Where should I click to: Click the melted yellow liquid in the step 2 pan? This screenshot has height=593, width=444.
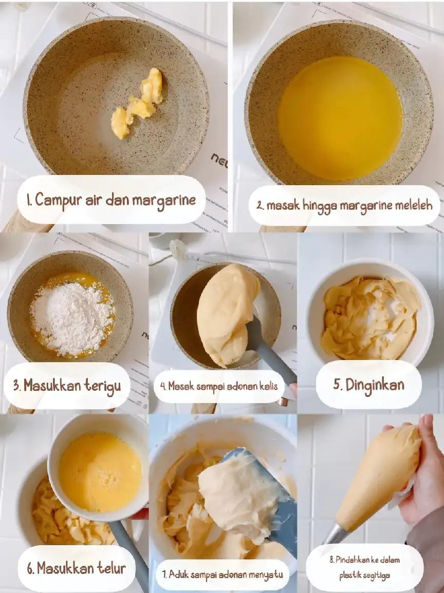click(x=340, y=118)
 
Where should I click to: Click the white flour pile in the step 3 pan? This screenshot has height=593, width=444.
click(x=72, y=318)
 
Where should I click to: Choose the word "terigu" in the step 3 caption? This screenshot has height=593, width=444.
click(x=103, y=386)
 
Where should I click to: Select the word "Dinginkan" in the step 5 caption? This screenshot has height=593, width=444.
click(x=375, y=385)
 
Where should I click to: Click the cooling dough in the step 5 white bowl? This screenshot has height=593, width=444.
click(x=371, y=318)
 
